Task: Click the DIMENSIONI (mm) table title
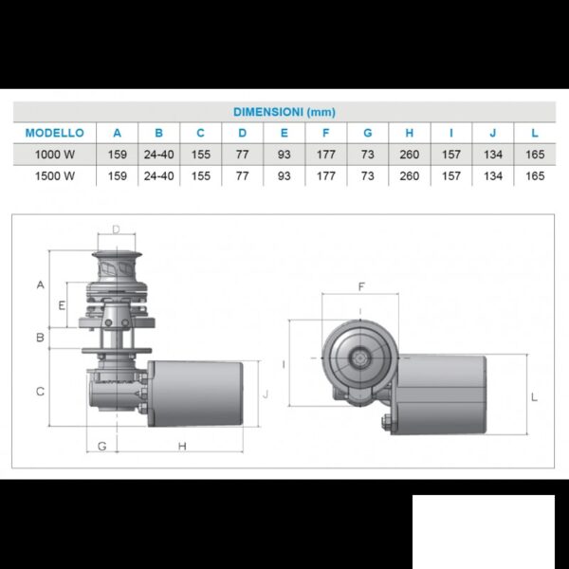[284, 112]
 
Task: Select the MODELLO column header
[55, 133]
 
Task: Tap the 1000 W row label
[55, 155]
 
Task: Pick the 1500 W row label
[55, 176]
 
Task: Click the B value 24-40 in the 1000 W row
[159, 155]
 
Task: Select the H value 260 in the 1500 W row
[410, 176]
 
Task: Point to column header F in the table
[326, 133]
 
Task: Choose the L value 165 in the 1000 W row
[535, 155]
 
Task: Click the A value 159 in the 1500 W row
[118, 176]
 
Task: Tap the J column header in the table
[493, 133]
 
